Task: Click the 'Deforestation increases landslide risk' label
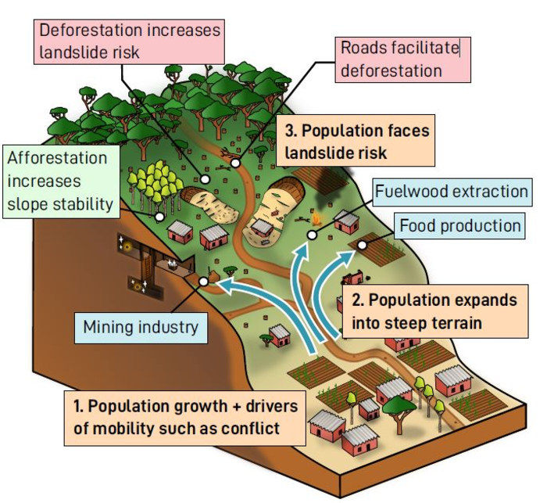pyautogui.click(x=130, y=41)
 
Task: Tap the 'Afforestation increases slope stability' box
pyautogui.click(x=59, y=181)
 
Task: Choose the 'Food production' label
pyautogui.click(x=459, y=226)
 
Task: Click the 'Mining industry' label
pyautogui.click(x=141, y=325)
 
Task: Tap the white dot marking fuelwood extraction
pyautogui.click(x=313, y=233)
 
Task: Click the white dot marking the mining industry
pyautogui.click(x=203, y=281)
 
